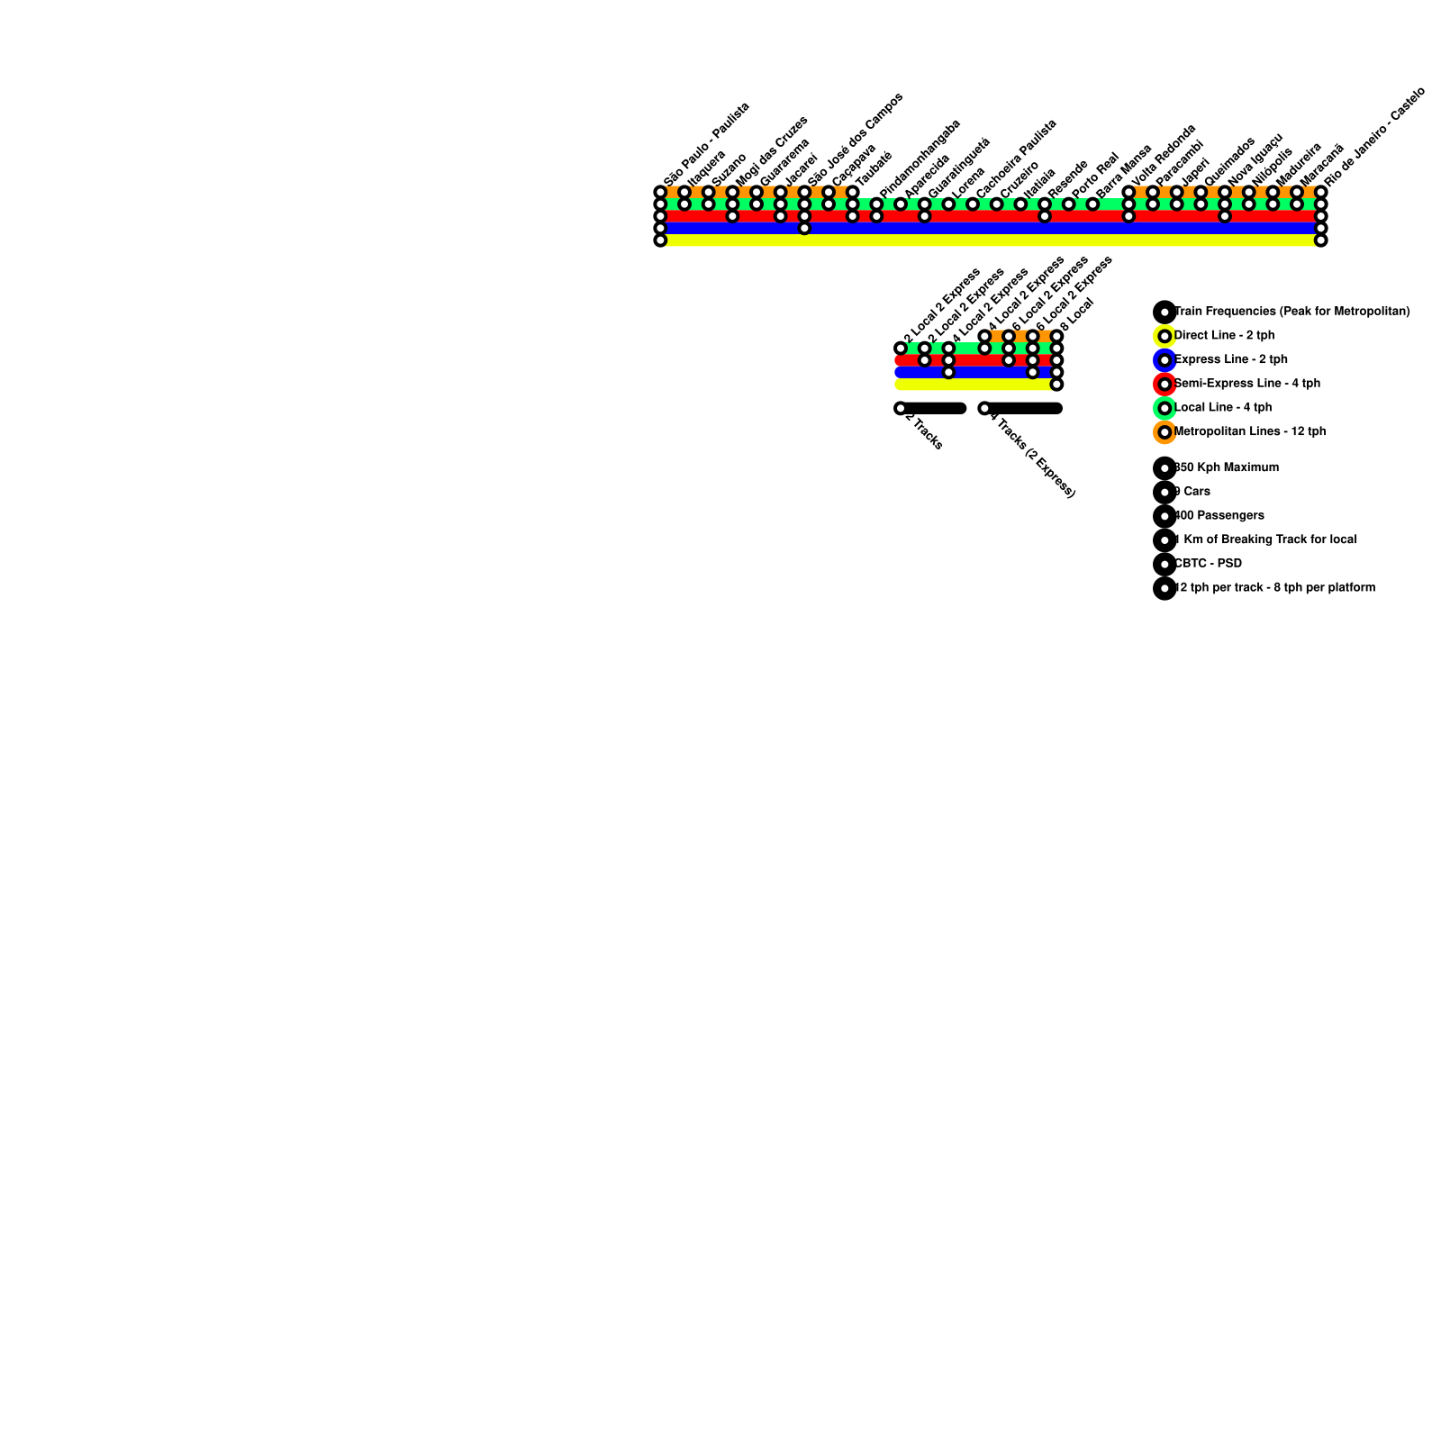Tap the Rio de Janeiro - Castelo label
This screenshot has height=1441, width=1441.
click(1374, 136)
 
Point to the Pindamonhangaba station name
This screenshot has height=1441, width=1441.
click(920, 159)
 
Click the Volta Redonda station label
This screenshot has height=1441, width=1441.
click(1163, 159)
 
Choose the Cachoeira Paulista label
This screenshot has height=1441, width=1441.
click(1016, 159)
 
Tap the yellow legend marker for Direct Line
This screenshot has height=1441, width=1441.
click(1165, 336)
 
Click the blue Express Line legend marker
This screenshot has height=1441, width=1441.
click(1165, 360)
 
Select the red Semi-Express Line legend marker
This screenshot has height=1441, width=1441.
click(1165, 384)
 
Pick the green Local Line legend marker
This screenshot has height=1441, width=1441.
click(1165, 408)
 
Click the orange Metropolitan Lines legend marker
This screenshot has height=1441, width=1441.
click(1165, 432)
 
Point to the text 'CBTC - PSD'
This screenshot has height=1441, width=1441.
click(1208, 564)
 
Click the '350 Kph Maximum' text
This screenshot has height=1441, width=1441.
click(1227, 467)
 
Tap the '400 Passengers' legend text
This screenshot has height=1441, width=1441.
click(1219, 516)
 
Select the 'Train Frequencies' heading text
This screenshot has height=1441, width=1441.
click(1292, 312)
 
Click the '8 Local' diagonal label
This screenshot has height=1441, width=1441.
click(1077, 315)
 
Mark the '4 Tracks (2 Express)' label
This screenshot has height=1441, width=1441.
click(1032, 454)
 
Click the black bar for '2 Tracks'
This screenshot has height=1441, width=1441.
click(935, 408)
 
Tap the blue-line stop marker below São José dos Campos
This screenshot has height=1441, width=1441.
click(804, 228)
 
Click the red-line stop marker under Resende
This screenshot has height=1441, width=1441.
click(1045, 216)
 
